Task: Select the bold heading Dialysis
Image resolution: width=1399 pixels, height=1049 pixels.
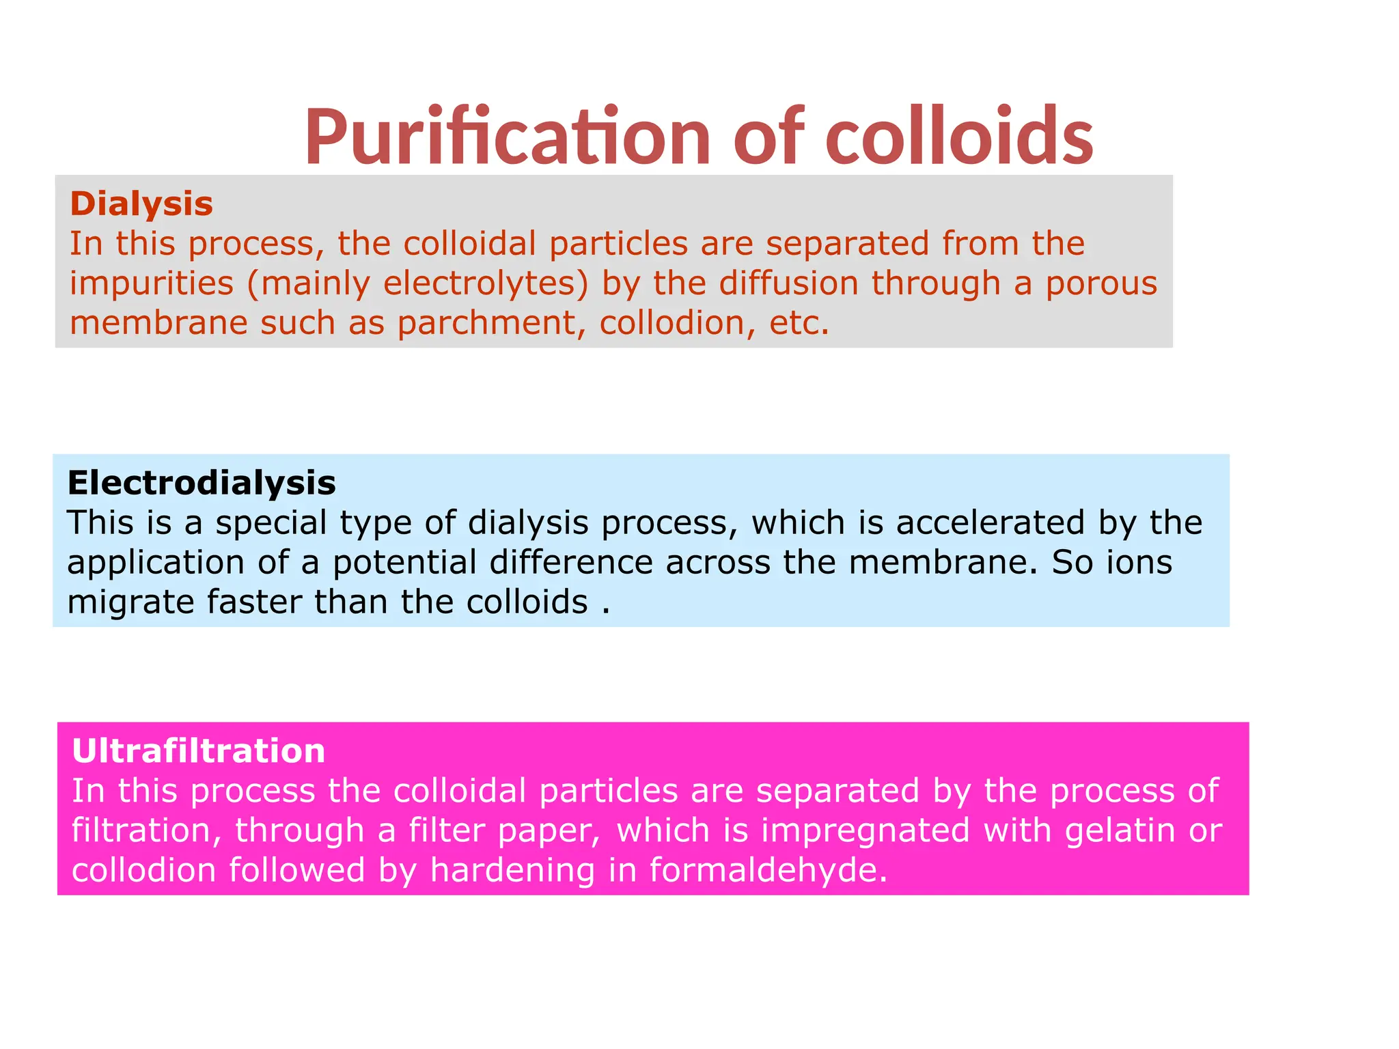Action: point(141,204)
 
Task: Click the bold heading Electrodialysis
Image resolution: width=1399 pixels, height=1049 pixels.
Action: point(202,483)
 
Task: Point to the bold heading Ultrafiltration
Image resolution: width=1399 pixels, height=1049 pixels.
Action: point(198,751)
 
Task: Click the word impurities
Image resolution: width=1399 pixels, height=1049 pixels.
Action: point(152,283)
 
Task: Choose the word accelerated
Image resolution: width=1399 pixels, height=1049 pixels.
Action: point(991,522)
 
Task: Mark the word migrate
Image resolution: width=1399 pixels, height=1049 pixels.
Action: point(130,602)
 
